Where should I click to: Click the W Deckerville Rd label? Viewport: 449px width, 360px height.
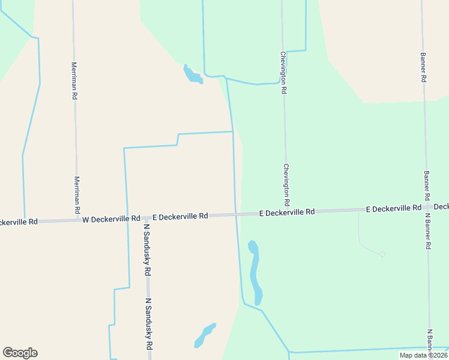(111, 220)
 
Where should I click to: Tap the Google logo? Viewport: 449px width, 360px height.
(20, 353)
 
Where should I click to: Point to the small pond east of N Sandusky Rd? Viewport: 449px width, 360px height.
(204, 335)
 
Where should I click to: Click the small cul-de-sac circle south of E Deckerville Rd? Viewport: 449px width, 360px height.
(382, 254)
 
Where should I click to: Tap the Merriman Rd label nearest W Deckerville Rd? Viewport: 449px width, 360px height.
(77, 196)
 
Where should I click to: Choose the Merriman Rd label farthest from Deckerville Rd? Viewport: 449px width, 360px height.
(74, 80)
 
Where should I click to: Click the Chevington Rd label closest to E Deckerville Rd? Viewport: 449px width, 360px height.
(287, 183)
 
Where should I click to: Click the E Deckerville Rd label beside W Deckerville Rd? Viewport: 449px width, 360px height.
(180, 216)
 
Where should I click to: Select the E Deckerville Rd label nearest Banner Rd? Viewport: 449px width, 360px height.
(393, 209)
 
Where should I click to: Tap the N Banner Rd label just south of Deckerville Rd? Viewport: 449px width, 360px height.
(429, 231)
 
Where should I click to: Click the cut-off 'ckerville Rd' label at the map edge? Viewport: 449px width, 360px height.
(19, 222)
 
